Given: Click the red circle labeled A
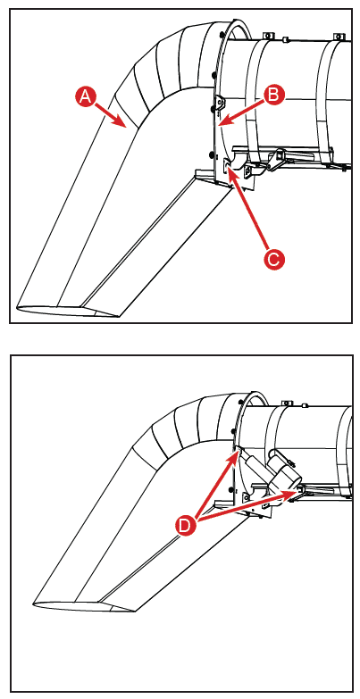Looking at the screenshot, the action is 84,97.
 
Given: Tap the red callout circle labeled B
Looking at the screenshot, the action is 273,95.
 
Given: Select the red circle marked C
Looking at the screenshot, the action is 272,258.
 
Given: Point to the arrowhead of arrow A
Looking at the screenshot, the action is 125,127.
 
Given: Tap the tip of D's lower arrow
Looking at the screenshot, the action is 297,492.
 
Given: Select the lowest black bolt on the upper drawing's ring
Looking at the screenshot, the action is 210,154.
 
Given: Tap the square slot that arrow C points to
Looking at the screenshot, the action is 226,164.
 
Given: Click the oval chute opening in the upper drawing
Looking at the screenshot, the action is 67,311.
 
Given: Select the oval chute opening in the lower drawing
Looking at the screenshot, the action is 84,608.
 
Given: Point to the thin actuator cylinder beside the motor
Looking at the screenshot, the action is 252,463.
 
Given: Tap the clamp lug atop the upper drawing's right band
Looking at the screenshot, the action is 339,36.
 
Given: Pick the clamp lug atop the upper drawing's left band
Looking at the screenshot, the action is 268,35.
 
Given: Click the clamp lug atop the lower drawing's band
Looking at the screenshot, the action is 289,404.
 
